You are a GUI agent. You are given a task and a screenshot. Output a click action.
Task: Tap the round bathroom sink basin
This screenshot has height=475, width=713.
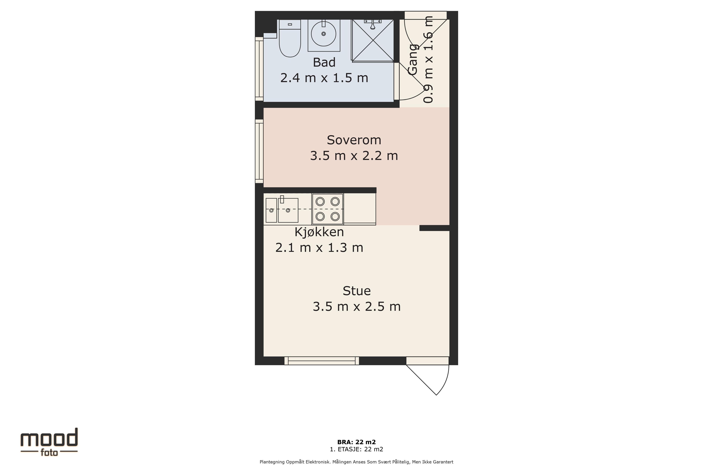[324, 34]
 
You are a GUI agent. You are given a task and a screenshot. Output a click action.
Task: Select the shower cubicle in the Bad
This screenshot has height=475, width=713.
[373, 41]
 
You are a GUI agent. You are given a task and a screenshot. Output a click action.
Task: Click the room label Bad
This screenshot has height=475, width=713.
[324, 62]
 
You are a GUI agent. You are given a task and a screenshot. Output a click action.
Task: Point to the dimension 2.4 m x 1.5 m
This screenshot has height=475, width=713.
[324, 78]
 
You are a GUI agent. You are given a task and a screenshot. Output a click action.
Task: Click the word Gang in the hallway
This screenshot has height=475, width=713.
[413, 59]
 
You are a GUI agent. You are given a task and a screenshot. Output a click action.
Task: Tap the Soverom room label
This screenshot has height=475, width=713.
[354, 140]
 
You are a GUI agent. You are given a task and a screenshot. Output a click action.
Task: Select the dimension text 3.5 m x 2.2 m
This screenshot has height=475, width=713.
[354, 156]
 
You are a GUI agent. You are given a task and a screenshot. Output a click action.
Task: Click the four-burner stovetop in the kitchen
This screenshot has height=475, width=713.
[328, 209]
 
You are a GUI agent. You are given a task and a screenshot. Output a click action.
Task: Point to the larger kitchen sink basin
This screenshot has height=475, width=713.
[288, 210]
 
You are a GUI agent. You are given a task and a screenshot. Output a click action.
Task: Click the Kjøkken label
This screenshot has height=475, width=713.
[319, 232]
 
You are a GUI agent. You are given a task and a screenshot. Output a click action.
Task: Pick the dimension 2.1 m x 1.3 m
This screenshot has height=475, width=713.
[319, 248]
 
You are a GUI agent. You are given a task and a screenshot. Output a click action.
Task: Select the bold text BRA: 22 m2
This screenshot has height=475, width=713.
[356, 442]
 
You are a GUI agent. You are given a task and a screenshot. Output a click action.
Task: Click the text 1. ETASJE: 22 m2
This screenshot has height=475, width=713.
[356, 449]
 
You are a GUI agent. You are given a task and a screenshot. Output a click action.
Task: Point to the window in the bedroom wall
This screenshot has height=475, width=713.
[259, 151]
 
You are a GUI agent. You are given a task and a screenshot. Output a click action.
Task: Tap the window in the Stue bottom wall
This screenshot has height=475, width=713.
[322, 361]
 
